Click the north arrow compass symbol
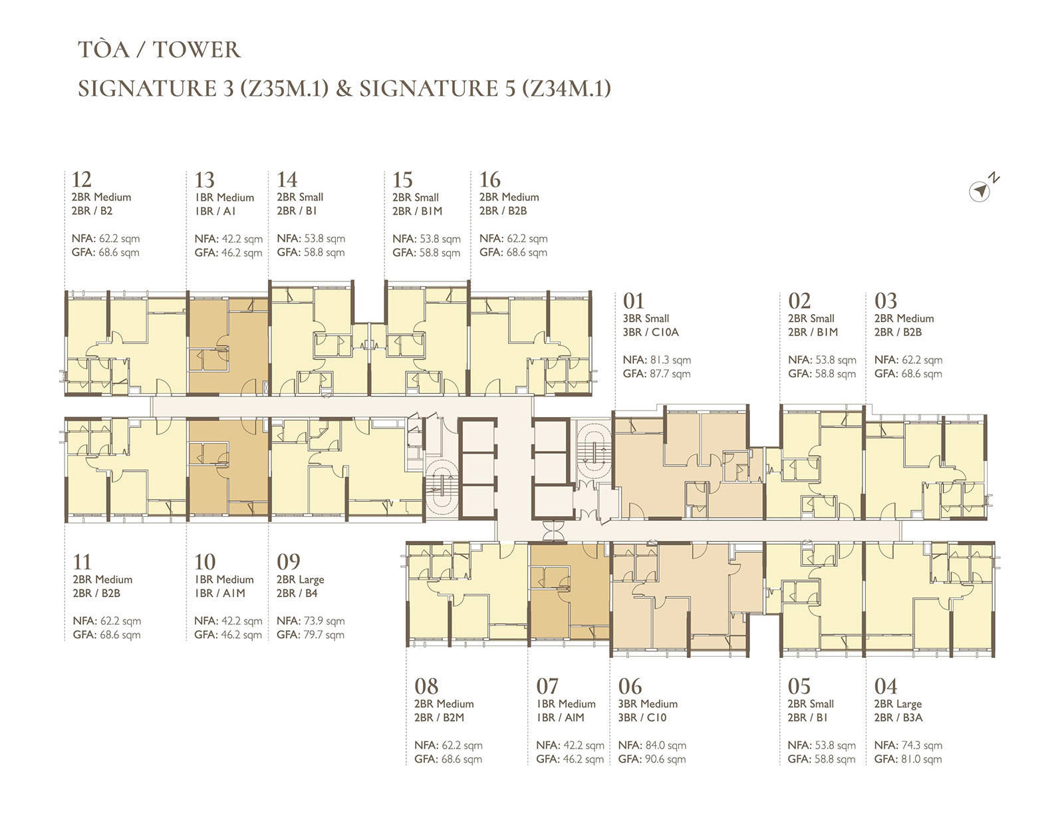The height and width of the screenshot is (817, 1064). [x=980, y=191]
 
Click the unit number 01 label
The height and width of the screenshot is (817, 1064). [x=634, y=300]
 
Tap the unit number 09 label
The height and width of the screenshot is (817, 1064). [x=289, y=562]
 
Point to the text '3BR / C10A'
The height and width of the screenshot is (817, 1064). [x=651, y=332]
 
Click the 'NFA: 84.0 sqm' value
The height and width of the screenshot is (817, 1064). [x=652, y=745]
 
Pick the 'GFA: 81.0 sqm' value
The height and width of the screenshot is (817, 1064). [x=908, y=758]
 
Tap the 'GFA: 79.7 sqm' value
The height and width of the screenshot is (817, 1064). [x=311, y=634]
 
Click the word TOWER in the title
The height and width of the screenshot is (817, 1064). [x=197, y=49]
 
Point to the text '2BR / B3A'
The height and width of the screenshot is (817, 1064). [x=898, y=718]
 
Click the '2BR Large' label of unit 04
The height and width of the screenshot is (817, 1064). [x=898, y=704]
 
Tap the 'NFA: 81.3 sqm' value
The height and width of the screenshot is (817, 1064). [x=656, y=359]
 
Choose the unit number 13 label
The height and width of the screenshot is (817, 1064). [x=205, y=180]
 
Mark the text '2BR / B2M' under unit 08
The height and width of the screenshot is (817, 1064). [x=439, y=718]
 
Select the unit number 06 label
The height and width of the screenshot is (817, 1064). [x=630, y=686]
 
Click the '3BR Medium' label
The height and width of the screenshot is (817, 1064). [x=648, y=704]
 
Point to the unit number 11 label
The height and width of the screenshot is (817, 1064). [x=82, y=562]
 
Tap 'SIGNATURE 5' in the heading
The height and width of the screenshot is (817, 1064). [x=438, y=88]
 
